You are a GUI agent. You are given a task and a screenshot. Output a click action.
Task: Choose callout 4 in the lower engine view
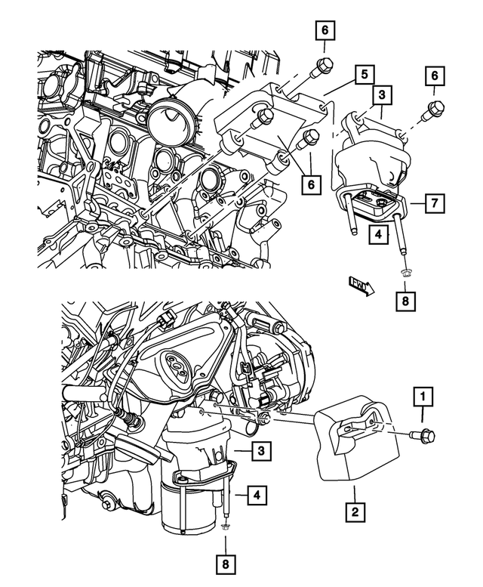click(x=258, y=496)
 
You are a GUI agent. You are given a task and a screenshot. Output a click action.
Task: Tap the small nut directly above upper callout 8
click(x=404, y=275)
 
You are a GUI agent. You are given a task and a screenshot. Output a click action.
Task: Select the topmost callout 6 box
click(x=325, y=31)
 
